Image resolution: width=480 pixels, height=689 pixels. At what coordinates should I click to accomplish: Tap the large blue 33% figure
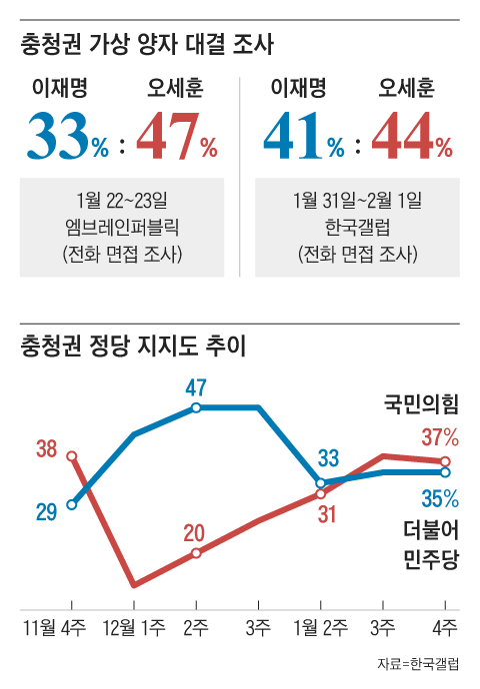(67, 137)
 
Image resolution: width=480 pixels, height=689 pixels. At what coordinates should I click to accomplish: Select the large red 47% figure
(176, 137)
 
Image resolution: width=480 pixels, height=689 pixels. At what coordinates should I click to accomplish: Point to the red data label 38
(46, 449)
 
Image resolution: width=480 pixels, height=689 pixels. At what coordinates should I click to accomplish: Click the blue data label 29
(46, 512)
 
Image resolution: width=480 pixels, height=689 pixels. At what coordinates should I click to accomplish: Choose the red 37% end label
(439, 436)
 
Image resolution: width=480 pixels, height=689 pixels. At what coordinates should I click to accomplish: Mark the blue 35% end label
(439, 497)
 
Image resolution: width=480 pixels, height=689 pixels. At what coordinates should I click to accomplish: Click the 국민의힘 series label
(421, 405)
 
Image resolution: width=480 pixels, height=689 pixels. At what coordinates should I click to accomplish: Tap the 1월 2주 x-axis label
(320, 628)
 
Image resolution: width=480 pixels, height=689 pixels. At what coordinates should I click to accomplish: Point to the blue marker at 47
(196, 407)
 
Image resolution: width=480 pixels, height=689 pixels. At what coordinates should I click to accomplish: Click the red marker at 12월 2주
(196, 553)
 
